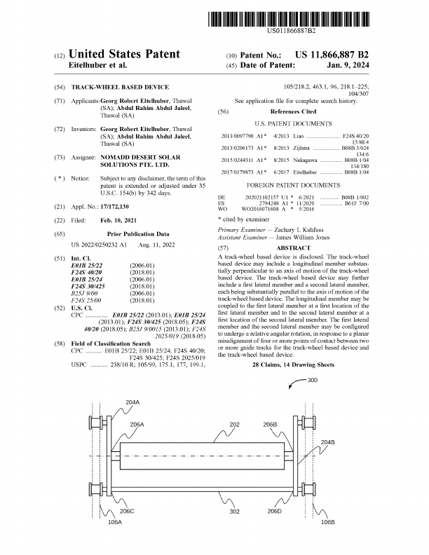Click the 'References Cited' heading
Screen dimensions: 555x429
coord(293,111)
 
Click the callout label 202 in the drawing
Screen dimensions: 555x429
coord(235,425)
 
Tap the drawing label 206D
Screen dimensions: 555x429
coord(275,512)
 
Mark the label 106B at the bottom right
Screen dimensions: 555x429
coord(327,522)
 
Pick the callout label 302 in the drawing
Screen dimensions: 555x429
coord(235,512)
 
